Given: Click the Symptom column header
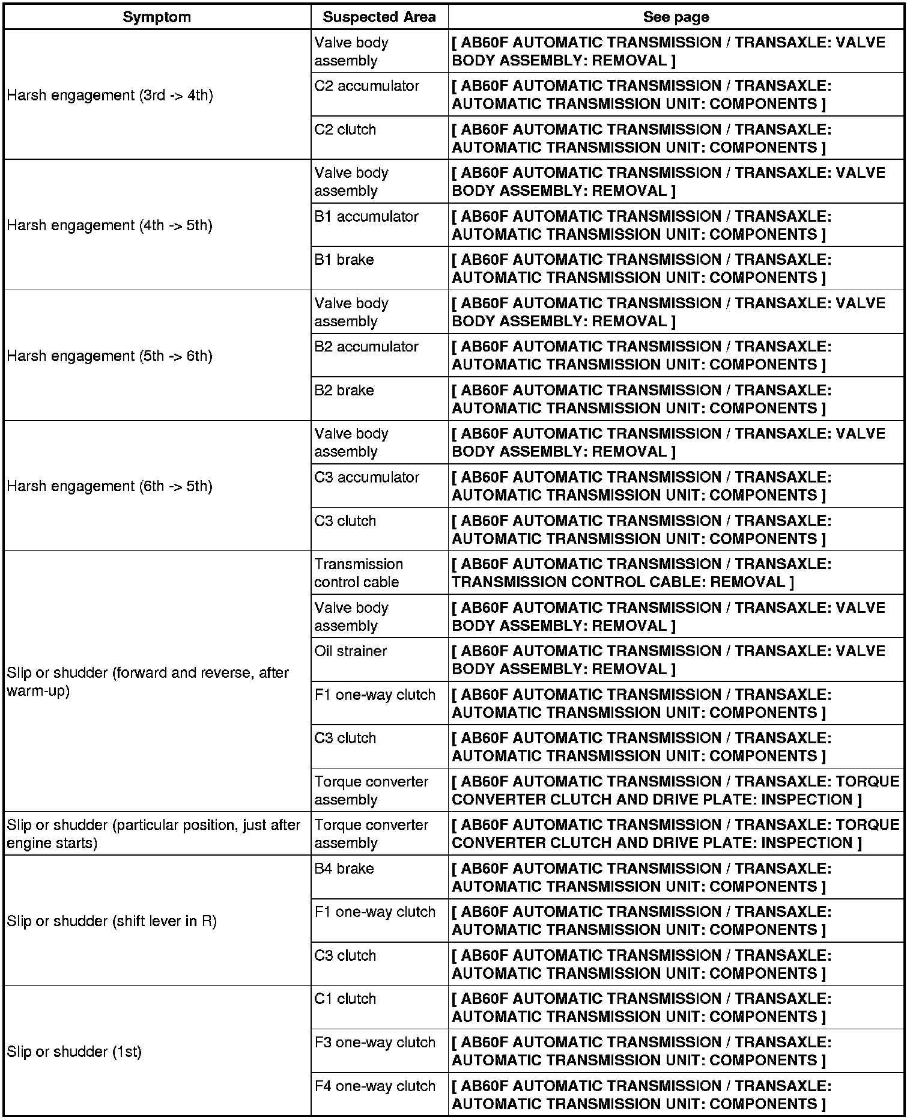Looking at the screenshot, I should [x=157, y=17].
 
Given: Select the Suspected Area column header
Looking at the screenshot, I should [x=379, y=17].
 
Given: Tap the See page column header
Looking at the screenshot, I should [x=676, y=17].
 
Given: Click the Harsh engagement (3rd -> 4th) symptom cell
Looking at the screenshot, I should [x=110, y=95].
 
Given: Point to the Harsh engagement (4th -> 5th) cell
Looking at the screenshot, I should [x=110, y=225].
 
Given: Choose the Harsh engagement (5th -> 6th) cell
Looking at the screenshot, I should [x=110, y=356].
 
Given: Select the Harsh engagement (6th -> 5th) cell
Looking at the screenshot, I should [x=110, y=486].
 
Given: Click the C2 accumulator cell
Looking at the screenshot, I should [x=366, y=86].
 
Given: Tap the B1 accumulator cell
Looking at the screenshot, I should [x=366, y=216].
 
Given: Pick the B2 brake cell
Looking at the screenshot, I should [x=344, y=391].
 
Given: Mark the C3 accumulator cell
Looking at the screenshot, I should [x=366, y=477].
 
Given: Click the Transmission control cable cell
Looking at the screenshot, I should [x=359, y=573].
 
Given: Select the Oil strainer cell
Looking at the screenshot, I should [x=351, y=651].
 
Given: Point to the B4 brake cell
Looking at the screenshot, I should [x=344, y=868].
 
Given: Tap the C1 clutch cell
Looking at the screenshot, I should [x=345, y=999].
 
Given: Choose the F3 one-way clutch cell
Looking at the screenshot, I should [x=375, y=1042].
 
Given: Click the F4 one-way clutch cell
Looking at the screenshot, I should [x=375, y=1086].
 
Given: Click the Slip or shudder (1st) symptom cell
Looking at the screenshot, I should [x=74, y=1052].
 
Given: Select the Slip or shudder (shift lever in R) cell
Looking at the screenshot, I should [x=112, y=921].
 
